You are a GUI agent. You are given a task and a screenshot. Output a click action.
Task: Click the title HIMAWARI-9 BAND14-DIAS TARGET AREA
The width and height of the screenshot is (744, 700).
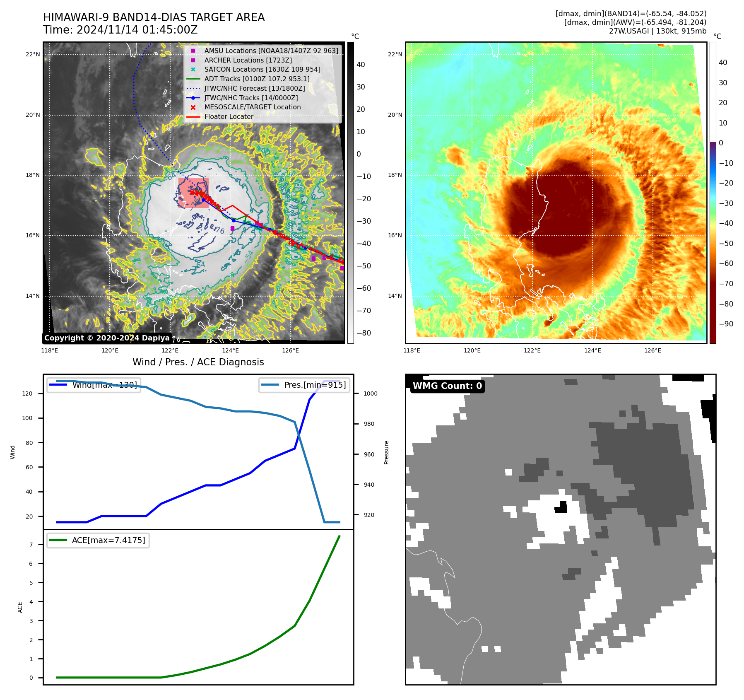[x=154, y=17]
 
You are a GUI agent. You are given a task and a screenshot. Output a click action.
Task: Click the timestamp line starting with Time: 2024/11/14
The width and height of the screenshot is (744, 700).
[x=120, y=30]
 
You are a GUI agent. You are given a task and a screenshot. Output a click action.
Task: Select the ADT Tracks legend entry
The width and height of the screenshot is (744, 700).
[x=257, y=79]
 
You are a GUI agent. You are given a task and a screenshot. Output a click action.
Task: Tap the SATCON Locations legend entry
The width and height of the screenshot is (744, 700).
[x=262, y=69]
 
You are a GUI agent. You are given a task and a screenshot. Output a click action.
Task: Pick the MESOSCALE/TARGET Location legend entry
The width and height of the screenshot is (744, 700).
[x=252, y=107]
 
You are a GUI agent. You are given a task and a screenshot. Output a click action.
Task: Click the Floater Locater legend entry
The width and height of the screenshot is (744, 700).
[x=229, y=116]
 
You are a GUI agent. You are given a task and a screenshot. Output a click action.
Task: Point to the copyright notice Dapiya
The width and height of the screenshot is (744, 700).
[x=107, y=338]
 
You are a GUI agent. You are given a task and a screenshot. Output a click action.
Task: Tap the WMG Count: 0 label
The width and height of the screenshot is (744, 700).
[x=447, y=386]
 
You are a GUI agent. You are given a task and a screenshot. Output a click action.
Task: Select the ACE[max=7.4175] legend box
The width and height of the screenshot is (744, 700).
[x=98, y=540]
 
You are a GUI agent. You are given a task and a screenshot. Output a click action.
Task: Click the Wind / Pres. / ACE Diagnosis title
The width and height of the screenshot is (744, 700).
[x=198, y=362]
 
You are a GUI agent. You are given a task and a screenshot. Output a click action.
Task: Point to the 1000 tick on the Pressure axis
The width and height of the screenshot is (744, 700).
[x=370, y=393]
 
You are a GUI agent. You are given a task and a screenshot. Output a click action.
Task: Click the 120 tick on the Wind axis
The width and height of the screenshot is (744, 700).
[x=27, y=393]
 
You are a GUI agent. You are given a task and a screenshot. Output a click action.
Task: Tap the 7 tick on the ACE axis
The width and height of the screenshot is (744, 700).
[x=31, y=545]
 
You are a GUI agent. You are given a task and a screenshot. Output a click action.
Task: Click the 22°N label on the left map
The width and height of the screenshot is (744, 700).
[x=33, y=54]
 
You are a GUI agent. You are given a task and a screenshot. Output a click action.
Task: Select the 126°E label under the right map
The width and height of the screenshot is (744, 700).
[x=653, y=350]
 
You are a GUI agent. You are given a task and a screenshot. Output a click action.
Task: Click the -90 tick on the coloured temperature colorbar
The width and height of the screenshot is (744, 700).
[x=726, y=324]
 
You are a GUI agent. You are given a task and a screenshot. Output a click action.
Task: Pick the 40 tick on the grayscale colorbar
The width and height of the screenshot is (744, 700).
[x=361, y=65]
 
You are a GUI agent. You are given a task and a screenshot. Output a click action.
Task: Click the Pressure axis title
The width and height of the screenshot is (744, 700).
[x=386, y=452]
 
